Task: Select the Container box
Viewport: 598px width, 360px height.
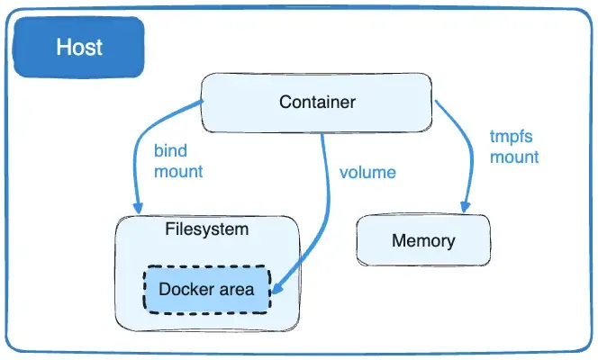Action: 316,102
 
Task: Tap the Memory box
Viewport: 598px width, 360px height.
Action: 422,240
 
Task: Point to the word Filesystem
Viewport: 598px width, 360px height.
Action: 206,229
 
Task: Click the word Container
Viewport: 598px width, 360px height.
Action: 317,102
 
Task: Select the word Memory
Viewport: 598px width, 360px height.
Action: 422,241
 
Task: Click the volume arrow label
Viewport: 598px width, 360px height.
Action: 367,171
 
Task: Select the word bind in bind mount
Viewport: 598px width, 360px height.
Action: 170,150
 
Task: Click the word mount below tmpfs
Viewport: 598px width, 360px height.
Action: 514,157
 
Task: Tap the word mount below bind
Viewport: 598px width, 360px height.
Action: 178,170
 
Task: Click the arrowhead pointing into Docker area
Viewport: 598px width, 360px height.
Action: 276,290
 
